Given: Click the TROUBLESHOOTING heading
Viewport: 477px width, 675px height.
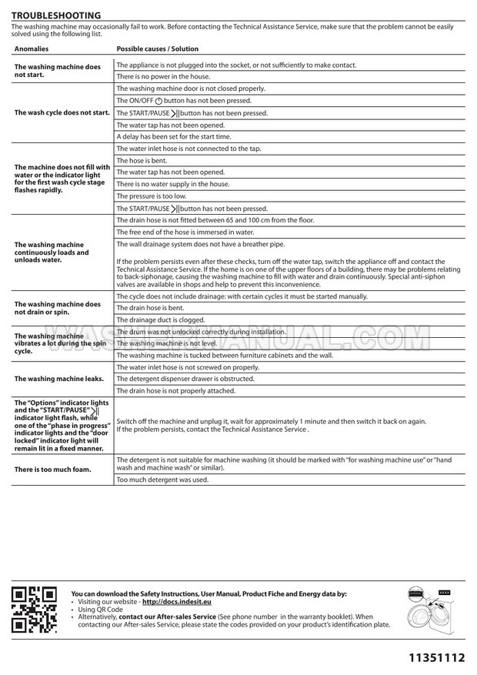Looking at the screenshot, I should click(x=55, y=15).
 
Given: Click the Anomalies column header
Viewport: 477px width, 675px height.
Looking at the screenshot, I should click(x=31, y=48).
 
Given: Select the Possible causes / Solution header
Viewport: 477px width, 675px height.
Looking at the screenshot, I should click(x=157, y=48).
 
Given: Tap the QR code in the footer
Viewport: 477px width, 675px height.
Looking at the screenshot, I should click(x=34, y=609).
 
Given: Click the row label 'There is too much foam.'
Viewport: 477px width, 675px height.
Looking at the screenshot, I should click(x=52, y=469).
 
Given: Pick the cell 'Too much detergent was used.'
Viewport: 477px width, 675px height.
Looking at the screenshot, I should click(x=162, y=480).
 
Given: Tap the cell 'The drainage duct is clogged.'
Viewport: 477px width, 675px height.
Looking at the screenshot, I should click(x=160, y=319).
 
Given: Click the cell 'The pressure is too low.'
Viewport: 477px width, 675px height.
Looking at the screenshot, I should click(x=151, y=196).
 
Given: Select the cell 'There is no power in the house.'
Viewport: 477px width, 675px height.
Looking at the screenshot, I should click(x=162, y=77).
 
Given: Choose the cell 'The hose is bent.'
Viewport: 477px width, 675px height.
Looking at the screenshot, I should click(x=142, y=161).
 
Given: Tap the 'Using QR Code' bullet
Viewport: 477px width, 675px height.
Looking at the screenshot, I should click(x=100, y=610).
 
